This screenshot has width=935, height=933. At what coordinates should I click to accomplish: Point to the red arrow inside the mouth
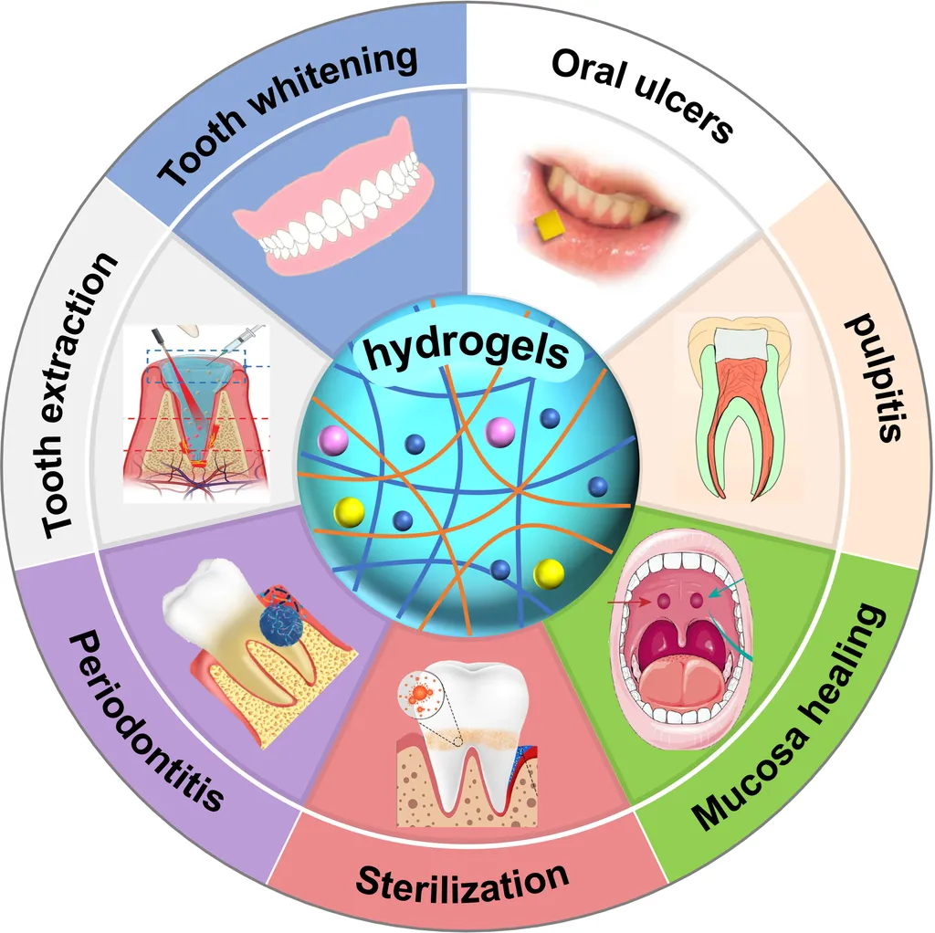629,603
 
